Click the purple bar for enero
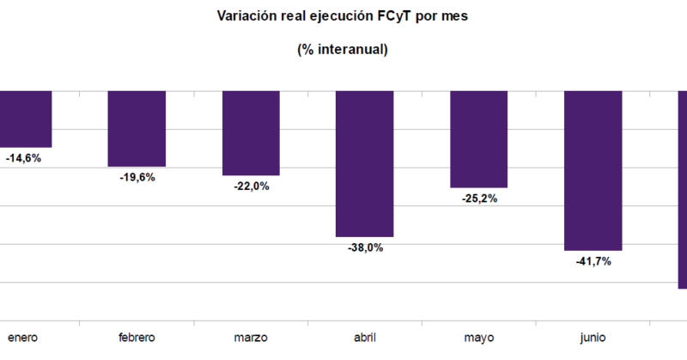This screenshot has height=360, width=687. pos(26,119)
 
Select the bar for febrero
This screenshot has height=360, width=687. pos(137,128)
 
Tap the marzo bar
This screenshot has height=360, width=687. pos(251,132)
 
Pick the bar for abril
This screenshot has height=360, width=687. pos(364,163)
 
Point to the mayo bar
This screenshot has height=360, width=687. pos(478,138)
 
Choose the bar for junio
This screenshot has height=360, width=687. pos(593,170)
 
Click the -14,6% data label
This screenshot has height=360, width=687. pos(23,158)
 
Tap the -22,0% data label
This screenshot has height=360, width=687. pos(251,186)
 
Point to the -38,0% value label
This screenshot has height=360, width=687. pos(365,247)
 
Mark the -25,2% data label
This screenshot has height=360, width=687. pos(479,198)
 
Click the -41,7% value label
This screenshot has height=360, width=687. pos(593,261)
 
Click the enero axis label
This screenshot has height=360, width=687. pos(23,338)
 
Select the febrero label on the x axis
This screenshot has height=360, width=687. pos(137,338)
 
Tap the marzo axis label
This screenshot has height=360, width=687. pos(251,338)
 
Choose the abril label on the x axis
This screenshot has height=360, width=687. pos(364,338)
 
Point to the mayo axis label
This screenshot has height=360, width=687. pos(479,338)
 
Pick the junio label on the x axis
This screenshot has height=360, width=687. pos(593,338)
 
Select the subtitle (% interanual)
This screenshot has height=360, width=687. pos(343,50)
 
